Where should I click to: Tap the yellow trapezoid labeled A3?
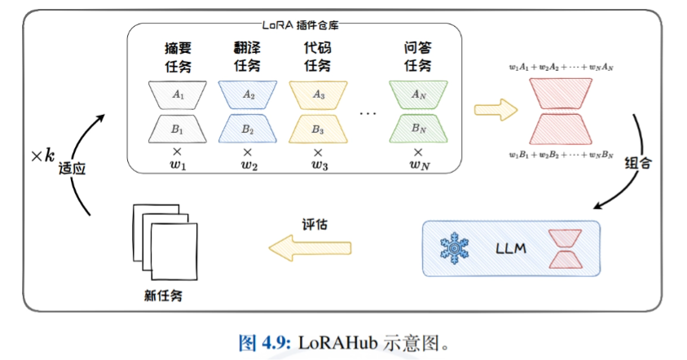tap(318, 95)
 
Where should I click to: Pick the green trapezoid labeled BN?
tap(418, 129)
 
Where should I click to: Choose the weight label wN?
tap(418, 167)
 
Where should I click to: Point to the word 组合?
tap(635, 162)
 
